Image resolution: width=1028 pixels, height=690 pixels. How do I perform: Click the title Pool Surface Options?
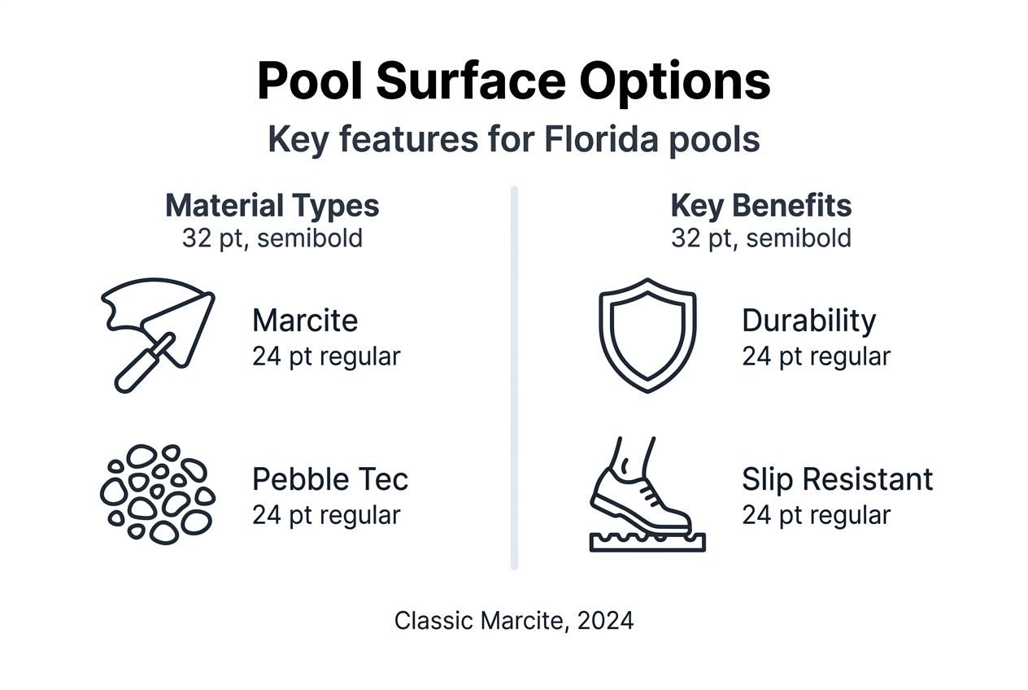(x=513, y=81)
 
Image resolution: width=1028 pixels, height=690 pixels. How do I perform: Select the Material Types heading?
(x=272, y=206)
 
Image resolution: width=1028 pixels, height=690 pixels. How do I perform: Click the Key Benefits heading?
(x=760, y=206)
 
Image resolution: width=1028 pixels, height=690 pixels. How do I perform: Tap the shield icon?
(x=647, y=334)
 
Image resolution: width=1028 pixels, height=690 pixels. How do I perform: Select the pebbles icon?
(x=157, y=493)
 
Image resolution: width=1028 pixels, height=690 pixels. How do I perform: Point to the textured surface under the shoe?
(x=647, y=541)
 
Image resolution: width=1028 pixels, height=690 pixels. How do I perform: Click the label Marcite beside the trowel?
(x=305, y=321)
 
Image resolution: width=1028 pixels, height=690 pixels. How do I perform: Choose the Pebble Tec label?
(x=330, y=479)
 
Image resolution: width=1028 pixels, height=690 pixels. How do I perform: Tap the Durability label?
(x=808, y=321)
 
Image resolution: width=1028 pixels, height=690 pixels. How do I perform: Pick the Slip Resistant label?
(x=837, y=479)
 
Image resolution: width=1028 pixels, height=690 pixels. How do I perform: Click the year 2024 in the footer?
(x=605, y=621)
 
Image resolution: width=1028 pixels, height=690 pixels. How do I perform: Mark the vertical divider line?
(x=514, y=378)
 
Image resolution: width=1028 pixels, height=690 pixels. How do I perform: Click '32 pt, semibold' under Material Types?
(x=272, y=238)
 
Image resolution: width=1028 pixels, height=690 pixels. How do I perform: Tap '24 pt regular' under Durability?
(x=816, y=356)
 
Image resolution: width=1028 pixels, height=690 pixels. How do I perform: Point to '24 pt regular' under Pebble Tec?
(x=326, y=515)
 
